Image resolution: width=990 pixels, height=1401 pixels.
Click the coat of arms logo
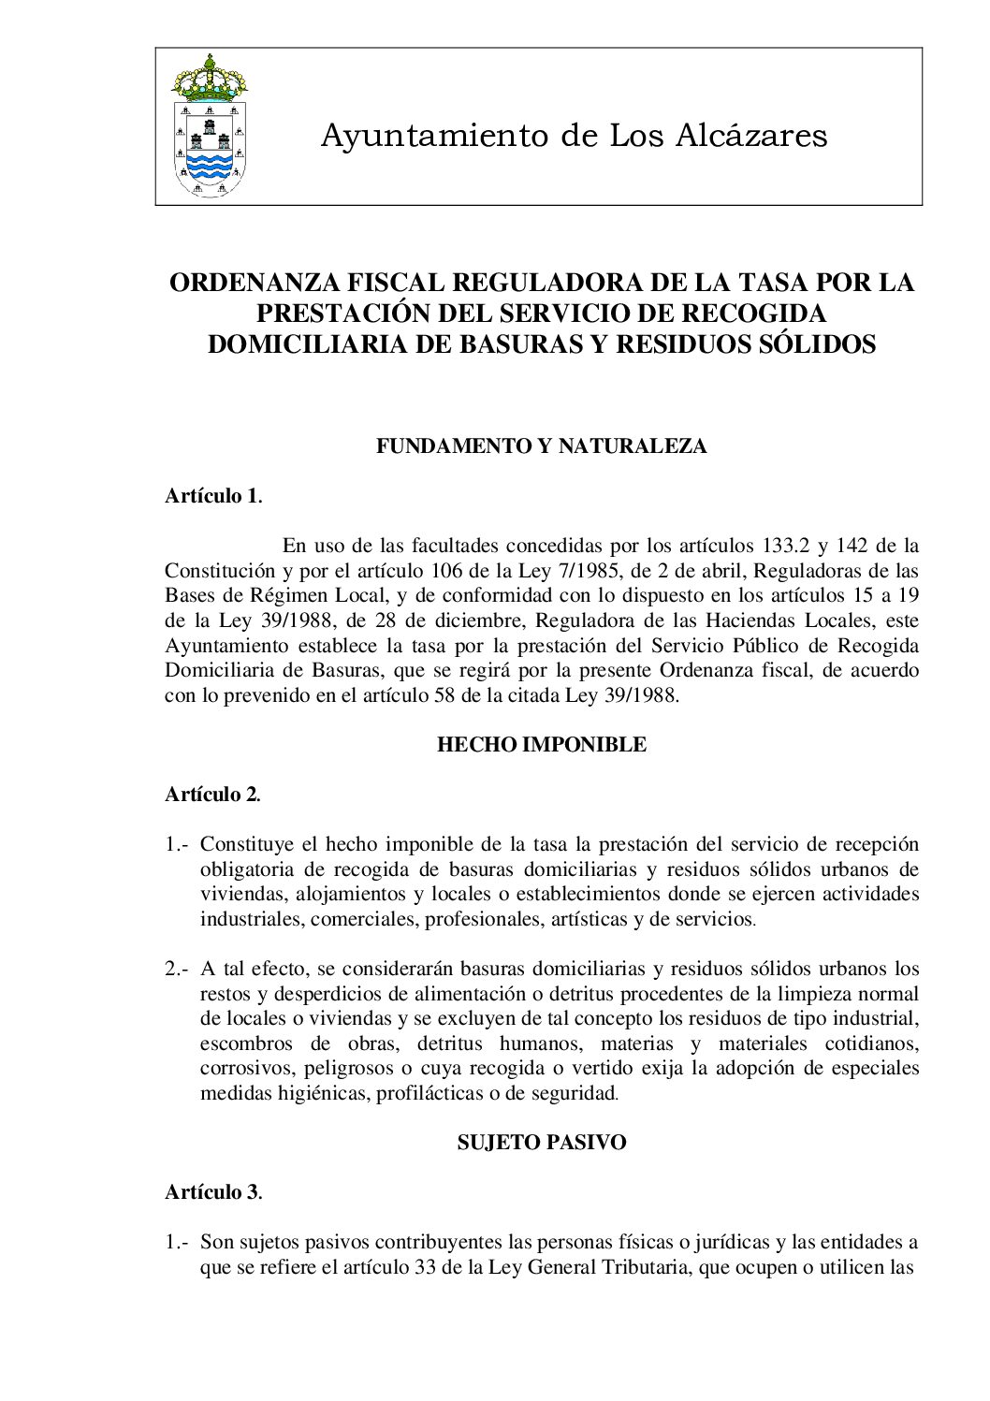(210, 125)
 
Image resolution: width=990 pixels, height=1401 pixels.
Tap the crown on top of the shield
(210, 77)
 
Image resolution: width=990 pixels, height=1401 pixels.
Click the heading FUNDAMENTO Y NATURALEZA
(541, 446)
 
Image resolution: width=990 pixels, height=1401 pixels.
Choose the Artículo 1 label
(211, 496)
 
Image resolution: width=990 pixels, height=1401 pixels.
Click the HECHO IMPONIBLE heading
(541, 745)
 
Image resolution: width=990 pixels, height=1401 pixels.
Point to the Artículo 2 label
(211, 795)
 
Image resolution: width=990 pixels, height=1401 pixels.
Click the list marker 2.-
(178, 969)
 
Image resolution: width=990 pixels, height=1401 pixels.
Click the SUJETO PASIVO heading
(541, 1143)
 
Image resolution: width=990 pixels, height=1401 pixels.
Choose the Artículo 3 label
(211, 1192)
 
